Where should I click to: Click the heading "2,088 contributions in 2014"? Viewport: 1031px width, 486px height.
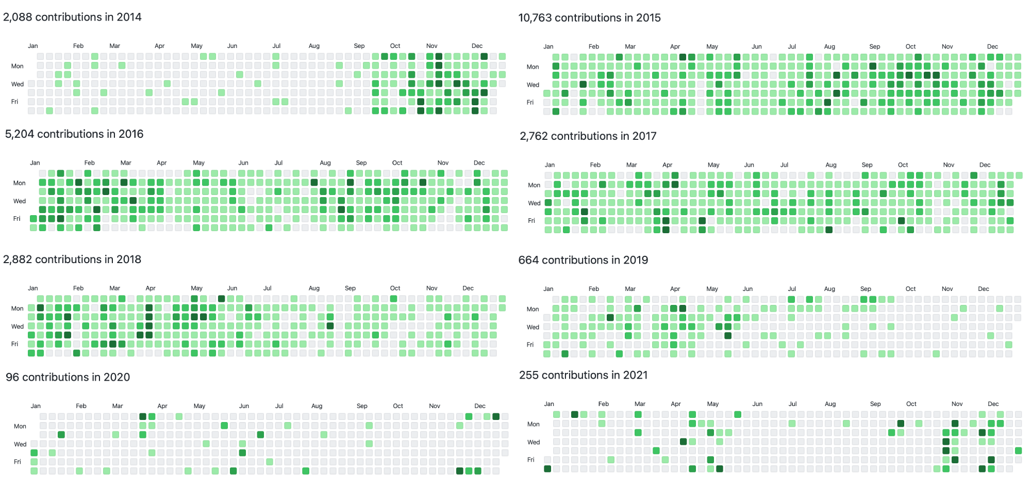[x=72, y=17]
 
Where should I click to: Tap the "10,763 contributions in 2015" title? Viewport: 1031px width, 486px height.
[x=589, y=18]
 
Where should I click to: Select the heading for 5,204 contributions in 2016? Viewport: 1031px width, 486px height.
[x=74, y=134]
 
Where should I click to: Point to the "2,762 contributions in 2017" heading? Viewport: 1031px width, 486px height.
[x=588, y=136]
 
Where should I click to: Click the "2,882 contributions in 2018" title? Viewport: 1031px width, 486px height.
[x=72, y=260]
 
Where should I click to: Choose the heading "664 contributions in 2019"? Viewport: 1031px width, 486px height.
[x=583, y=260]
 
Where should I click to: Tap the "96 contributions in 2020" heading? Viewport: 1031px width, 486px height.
[x=68, y=377]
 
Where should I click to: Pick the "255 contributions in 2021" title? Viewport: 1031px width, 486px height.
[x=583, y=375]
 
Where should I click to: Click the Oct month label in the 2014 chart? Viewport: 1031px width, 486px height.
[x=395, y=46]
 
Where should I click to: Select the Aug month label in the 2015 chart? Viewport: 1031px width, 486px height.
[x=829, y=46]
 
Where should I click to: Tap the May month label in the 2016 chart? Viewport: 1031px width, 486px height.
[x=198, y=163]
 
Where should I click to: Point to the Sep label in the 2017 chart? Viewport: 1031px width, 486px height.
[x=867, y=165]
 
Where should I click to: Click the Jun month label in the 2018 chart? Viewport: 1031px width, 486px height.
[x=232, y=288]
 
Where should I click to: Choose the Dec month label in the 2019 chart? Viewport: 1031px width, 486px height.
[x=984, y=289]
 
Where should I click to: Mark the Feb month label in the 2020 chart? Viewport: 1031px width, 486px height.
[x=81, y=406]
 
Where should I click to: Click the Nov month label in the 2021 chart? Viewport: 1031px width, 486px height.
[x=957, y=404]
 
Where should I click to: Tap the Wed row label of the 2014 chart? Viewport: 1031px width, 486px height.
[x=18, y=84]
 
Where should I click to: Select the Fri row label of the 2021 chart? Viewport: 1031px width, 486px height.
[x=531, y=460]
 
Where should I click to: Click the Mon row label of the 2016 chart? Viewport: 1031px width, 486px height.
[x=19, y=183]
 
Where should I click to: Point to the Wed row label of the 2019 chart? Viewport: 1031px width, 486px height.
[x=533, y=327]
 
